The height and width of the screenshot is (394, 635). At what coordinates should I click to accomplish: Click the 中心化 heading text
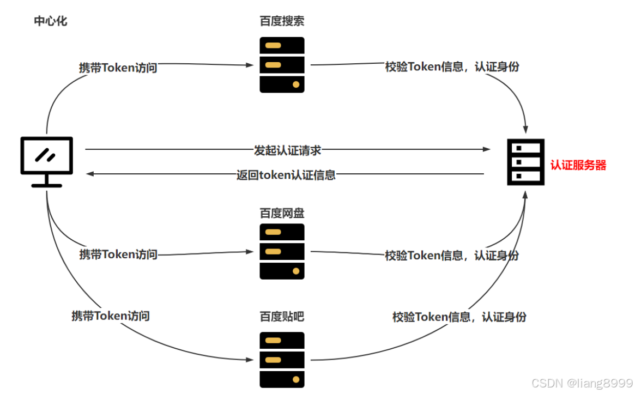(x=51, y=21)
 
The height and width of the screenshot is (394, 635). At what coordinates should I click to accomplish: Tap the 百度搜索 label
(x=282, y=21)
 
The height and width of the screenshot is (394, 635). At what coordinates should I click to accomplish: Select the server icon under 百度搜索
(x=282, y=64)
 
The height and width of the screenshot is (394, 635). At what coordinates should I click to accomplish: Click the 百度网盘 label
(x=282, y=213)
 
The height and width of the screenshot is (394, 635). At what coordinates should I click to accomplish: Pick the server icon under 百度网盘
(x=282, y=251)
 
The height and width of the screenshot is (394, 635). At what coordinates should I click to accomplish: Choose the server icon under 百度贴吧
(x=282, y=360)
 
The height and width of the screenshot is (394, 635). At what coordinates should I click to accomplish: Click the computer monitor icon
(x=46, y=161)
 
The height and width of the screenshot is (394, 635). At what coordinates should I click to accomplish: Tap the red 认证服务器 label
(x=578, y=165)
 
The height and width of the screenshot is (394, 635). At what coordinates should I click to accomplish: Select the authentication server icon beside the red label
(x=525, y=162)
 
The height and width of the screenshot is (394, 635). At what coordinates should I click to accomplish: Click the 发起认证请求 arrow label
(x=287, y=150)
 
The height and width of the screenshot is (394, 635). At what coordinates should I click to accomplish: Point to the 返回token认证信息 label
(x=286, y=175)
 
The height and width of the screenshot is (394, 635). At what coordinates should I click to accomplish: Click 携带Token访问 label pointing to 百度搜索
(x=118, y=68)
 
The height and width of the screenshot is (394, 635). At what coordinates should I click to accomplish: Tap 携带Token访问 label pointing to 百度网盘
(x=118, y=254)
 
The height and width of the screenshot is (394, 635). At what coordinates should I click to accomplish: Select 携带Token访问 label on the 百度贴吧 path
(x=111, y=316)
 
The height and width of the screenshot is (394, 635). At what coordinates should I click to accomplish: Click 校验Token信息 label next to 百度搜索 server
(x=452, y=67)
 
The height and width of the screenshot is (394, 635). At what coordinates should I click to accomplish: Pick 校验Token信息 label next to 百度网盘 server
(x=452, y=255)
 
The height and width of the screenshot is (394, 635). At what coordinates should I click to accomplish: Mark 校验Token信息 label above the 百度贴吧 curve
(x=459, y=317)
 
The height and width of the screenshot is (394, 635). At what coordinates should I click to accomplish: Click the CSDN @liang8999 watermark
(x=582, y=383)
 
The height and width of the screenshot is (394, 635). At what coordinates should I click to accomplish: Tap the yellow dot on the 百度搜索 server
(x=296, y=84)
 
